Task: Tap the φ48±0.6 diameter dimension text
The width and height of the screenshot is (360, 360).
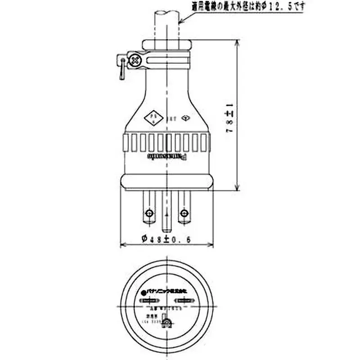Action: coord(166,239)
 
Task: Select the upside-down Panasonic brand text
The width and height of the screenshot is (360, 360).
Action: coord(167,156)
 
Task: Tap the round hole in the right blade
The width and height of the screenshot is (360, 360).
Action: coord(184,212)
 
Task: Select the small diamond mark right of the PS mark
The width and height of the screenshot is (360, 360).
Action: coord(184,119)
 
